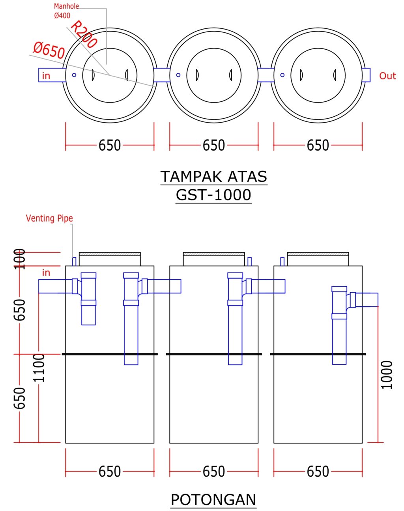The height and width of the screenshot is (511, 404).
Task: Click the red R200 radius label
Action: [x=84, y=35]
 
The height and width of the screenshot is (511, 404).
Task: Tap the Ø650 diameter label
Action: [x=49, y=50]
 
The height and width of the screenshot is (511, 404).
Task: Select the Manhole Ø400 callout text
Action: [x=66, y=11]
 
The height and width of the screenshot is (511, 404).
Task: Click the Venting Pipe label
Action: [x=49, y=218]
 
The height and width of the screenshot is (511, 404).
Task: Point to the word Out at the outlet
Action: [x=387, y=76]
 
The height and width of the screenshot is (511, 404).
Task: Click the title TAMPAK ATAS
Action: [x=214, y=177]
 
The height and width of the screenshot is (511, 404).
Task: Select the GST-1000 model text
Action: [x=213, y=195]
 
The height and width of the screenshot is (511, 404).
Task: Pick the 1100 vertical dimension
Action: [x=39, y=368]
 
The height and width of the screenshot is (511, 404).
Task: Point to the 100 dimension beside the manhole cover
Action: [x=19, y=259]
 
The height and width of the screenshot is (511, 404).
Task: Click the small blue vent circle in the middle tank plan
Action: [x=178, y=75]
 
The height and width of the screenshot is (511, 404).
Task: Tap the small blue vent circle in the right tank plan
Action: [x=282, y=75]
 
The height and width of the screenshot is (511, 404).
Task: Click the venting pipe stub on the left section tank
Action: [x=74, y=261]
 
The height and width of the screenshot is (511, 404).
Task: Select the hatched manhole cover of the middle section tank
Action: [x=214, y=254]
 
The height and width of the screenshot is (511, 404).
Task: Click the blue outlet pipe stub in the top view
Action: [x=366, y=75]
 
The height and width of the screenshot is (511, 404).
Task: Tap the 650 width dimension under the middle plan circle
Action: [x=214, y=145]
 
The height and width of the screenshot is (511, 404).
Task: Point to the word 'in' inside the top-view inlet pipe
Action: [x=46, y=76]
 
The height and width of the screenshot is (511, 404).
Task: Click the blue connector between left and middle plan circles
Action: [x=162, y=75]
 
